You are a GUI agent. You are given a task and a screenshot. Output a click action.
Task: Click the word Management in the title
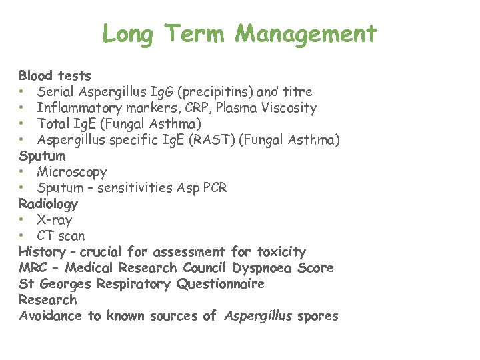pos(307,33)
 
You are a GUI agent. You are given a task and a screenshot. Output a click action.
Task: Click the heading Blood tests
pos(55,75)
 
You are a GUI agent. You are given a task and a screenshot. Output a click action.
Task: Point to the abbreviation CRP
pos(183,107)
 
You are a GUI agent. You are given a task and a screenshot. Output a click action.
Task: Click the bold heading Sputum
pos(42,156)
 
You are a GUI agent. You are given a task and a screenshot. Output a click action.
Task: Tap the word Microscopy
pos(72,171)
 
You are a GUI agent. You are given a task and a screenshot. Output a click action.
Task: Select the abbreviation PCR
pos(213,187)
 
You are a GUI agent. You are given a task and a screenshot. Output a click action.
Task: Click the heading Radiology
pos(48,203)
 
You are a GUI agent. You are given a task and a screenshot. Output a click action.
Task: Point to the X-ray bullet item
pos(54,219)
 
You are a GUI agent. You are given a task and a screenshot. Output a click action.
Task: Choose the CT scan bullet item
pos(61,235)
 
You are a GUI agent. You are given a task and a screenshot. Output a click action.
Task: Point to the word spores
pos(319,316)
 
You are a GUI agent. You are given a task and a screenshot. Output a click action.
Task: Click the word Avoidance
pos(51,316)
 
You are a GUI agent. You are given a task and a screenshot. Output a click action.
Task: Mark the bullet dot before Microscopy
pos(23,172)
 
